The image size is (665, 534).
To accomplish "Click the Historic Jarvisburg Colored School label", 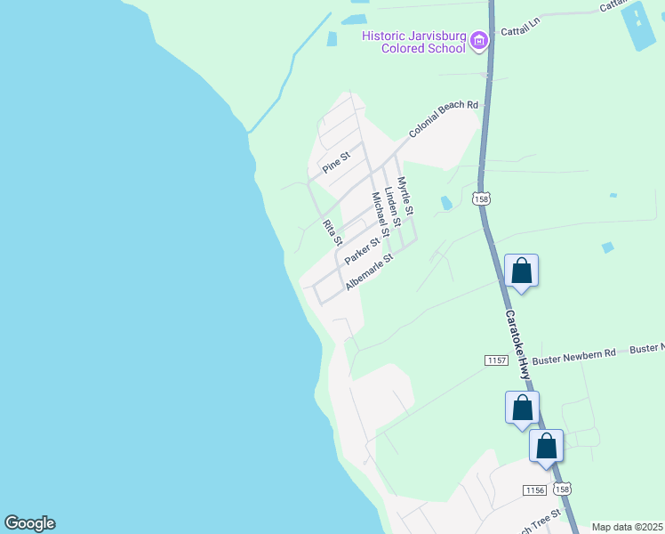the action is [x=413, y=42].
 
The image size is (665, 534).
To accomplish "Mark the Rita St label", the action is [x=332, y=232].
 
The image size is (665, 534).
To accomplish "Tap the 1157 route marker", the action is [x=496, y=360].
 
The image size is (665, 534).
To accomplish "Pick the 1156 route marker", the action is [x=534, y=490].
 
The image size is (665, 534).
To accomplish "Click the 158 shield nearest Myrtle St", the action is [x=481, y=198].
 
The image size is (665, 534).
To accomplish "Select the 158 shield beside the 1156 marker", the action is [x=562, y=489].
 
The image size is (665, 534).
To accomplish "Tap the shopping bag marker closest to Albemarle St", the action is [x=521, y=271].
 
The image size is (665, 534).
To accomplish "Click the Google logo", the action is [x=29, y=523].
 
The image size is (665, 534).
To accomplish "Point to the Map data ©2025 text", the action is [x=626, y=527].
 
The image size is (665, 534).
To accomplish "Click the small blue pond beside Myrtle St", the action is [x=445, y=204].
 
